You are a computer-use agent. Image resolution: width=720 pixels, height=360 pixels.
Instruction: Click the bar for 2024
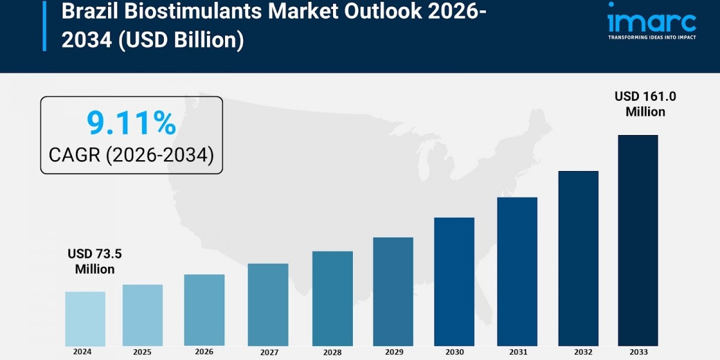click(x=85, y=319)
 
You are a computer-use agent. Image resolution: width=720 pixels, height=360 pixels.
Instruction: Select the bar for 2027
click(x=268, y=304)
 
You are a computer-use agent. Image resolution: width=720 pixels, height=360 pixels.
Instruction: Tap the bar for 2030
click(x=454, y=281)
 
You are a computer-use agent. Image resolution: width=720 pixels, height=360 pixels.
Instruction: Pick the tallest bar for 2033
click(x=638, y=240)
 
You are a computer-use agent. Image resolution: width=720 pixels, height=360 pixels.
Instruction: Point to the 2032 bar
click(x=578, y=258)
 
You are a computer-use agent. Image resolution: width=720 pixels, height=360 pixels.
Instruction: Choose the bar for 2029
click(x=393, y=292)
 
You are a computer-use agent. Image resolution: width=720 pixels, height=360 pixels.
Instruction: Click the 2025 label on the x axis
click(x=143, y=352)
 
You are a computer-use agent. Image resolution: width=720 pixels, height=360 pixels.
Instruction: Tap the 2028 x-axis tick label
click(x=332, y=352)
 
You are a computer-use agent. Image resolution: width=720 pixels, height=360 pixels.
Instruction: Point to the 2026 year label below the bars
click(x=204, y=352)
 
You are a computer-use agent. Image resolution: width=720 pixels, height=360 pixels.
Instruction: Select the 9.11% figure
click(x=131, y=123)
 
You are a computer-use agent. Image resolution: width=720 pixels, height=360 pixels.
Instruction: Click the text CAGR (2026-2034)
click(x=131, y=155)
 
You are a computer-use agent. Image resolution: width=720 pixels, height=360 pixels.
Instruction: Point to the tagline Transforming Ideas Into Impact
click(x=652, y=37)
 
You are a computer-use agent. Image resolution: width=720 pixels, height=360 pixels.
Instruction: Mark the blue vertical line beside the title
click(x=44, y=26)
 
